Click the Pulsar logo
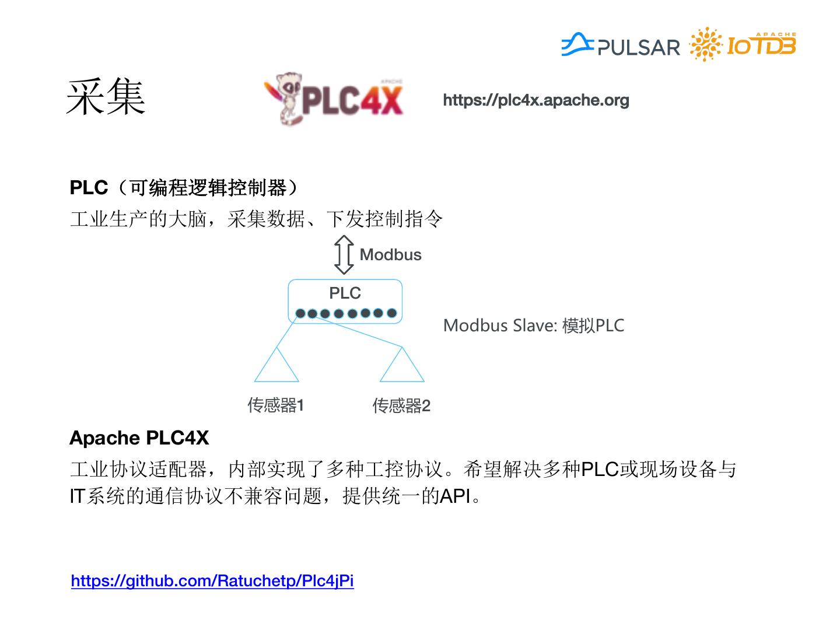tap(621, 45)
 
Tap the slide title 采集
tap(106, 97)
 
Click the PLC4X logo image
tap(334, 99)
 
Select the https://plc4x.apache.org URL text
tap(536, 100)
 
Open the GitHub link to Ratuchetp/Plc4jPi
tap(212, 581)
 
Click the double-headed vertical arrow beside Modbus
tap(344, 255)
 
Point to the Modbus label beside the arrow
tap(390, 255)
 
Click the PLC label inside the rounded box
tap(345, 293)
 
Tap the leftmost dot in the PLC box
tap(300, 314)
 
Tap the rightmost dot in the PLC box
tap(391, 313)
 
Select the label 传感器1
tap(275, 405)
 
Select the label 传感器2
tap(401, 405)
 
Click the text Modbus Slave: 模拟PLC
tap(533, 325)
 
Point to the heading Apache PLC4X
tap(139, 438)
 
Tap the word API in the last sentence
tap(454, 496)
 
